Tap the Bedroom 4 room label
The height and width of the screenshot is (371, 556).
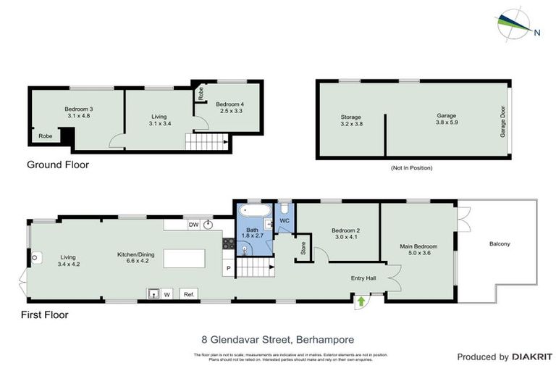pyautogui.click(x=229, y=108)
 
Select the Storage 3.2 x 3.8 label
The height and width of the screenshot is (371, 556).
pyautogui.click(x=351, y=120)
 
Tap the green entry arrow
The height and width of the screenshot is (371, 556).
pyautogui.click(x=361, y=300)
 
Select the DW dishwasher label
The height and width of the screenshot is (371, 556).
pyautogui.click(x=193, y=225)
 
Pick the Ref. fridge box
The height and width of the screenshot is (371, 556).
pyautogui.click(x=189, y=294)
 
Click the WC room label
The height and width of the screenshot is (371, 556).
pyautogui.click(x=285, y=220)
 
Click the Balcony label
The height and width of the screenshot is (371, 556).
pyautogui.click(x=500, y=243)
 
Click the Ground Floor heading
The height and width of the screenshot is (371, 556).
pyautogui.click(x=58, y=164)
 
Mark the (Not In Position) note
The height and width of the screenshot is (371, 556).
pyautogui.click(x=411, y=168)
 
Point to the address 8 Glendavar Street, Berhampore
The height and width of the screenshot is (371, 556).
pyautogui.click(x=277, y=338)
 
